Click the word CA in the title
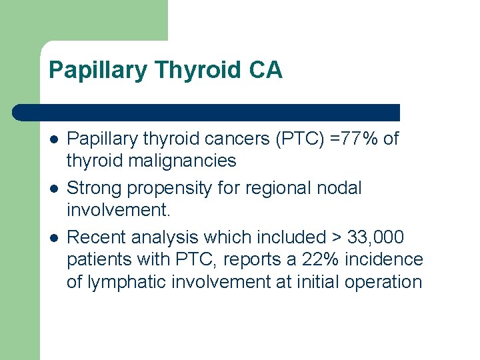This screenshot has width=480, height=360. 265,70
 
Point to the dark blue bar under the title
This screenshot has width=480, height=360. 207,112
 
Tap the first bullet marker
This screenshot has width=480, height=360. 53,139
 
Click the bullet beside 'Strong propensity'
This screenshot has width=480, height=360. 53,189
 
